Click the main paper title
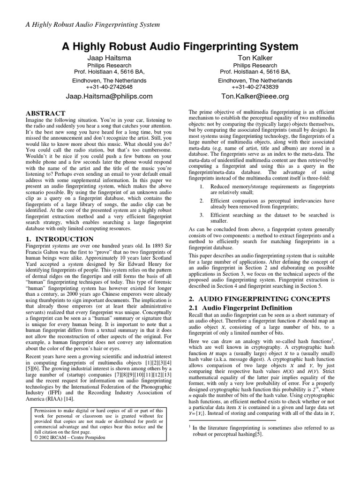tap(180, 46)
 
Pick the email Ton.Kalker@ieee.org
tap(255, 96)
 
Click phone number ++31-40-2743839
tap(255, 87)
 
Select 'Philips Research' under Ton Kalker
tap(255, 65)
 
